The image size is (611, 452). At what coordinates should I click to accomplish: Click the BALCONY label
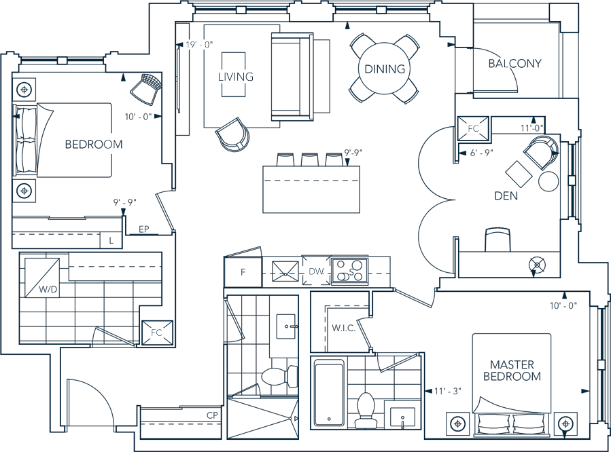tap(514, 63)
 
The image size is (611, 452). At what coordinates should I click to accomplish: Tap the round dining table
tap(385, 69)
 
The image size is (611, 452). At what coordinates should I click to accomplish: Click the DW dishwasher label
tap(317, 271)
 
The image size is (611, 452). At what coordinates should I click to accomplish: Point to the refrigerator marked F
tap(243, 272)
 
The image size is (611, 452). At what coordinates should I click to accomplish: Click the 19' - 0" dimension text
tap(199, 45)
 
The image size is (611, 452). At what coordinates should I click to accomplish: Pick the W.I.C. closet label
tap(343, 328)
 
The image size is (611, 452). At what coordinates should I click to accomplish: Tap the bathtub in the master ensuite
tap(329, 393)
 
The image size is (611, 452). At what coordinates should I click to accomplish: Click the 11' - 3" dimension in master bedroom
tap(448, 391)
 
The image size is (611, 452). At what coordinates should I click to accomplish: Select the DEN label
tap(506, 195)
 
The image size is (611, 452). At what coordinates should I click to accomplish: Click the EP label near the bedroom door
tap(144, 229)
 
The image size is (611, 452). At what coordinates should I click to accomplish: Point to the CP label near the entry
tap(212, 415)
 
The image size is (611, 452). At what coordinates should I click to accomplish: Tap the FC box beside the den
tap(473, 128)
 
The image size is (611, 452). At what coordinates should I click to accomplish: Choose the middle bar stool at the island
tap(310, 159)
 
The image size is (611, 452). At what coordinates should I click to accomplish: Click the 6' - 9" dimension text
tap(482, 153)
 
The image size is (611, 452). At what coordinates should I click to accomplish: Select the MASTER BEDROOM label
tap(512, 371)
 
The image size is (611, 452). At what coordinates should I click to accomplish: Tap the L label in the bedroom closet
tap(111, 241)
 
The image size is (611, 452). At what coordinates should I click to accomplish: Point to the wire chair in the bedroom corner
tap(146, 89)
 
